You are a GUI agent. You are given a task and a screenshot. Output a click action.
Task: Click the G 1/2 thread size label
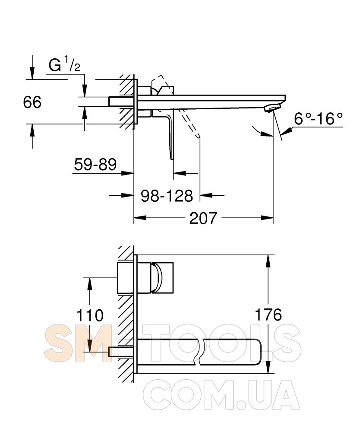(x=64, y=65)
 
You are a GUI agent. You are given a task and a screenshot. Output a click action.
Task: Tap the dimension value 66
(x=32, y=102)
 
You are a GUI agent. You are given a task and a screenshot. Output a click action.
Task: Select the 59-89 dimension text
(x=95, y=165)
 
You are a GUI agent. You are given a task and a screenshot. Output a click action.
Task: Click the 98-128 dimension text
(x=167, y=196)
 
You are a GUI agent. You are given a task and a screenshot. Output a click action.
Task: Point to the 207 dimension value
(x=203, y=218)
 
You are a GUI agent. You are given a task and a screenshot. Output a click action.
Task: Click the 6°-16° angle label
(x=319, y=119)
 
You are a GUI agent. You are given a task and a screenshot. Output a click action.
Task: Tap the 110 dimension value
(x=90, y=315)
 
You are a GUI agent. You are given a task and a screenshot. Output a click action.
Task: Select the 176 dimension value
(x=268, y=314)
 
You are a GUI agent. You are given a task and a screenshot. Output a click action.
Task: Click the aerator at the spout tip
(x=272, y=108)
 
